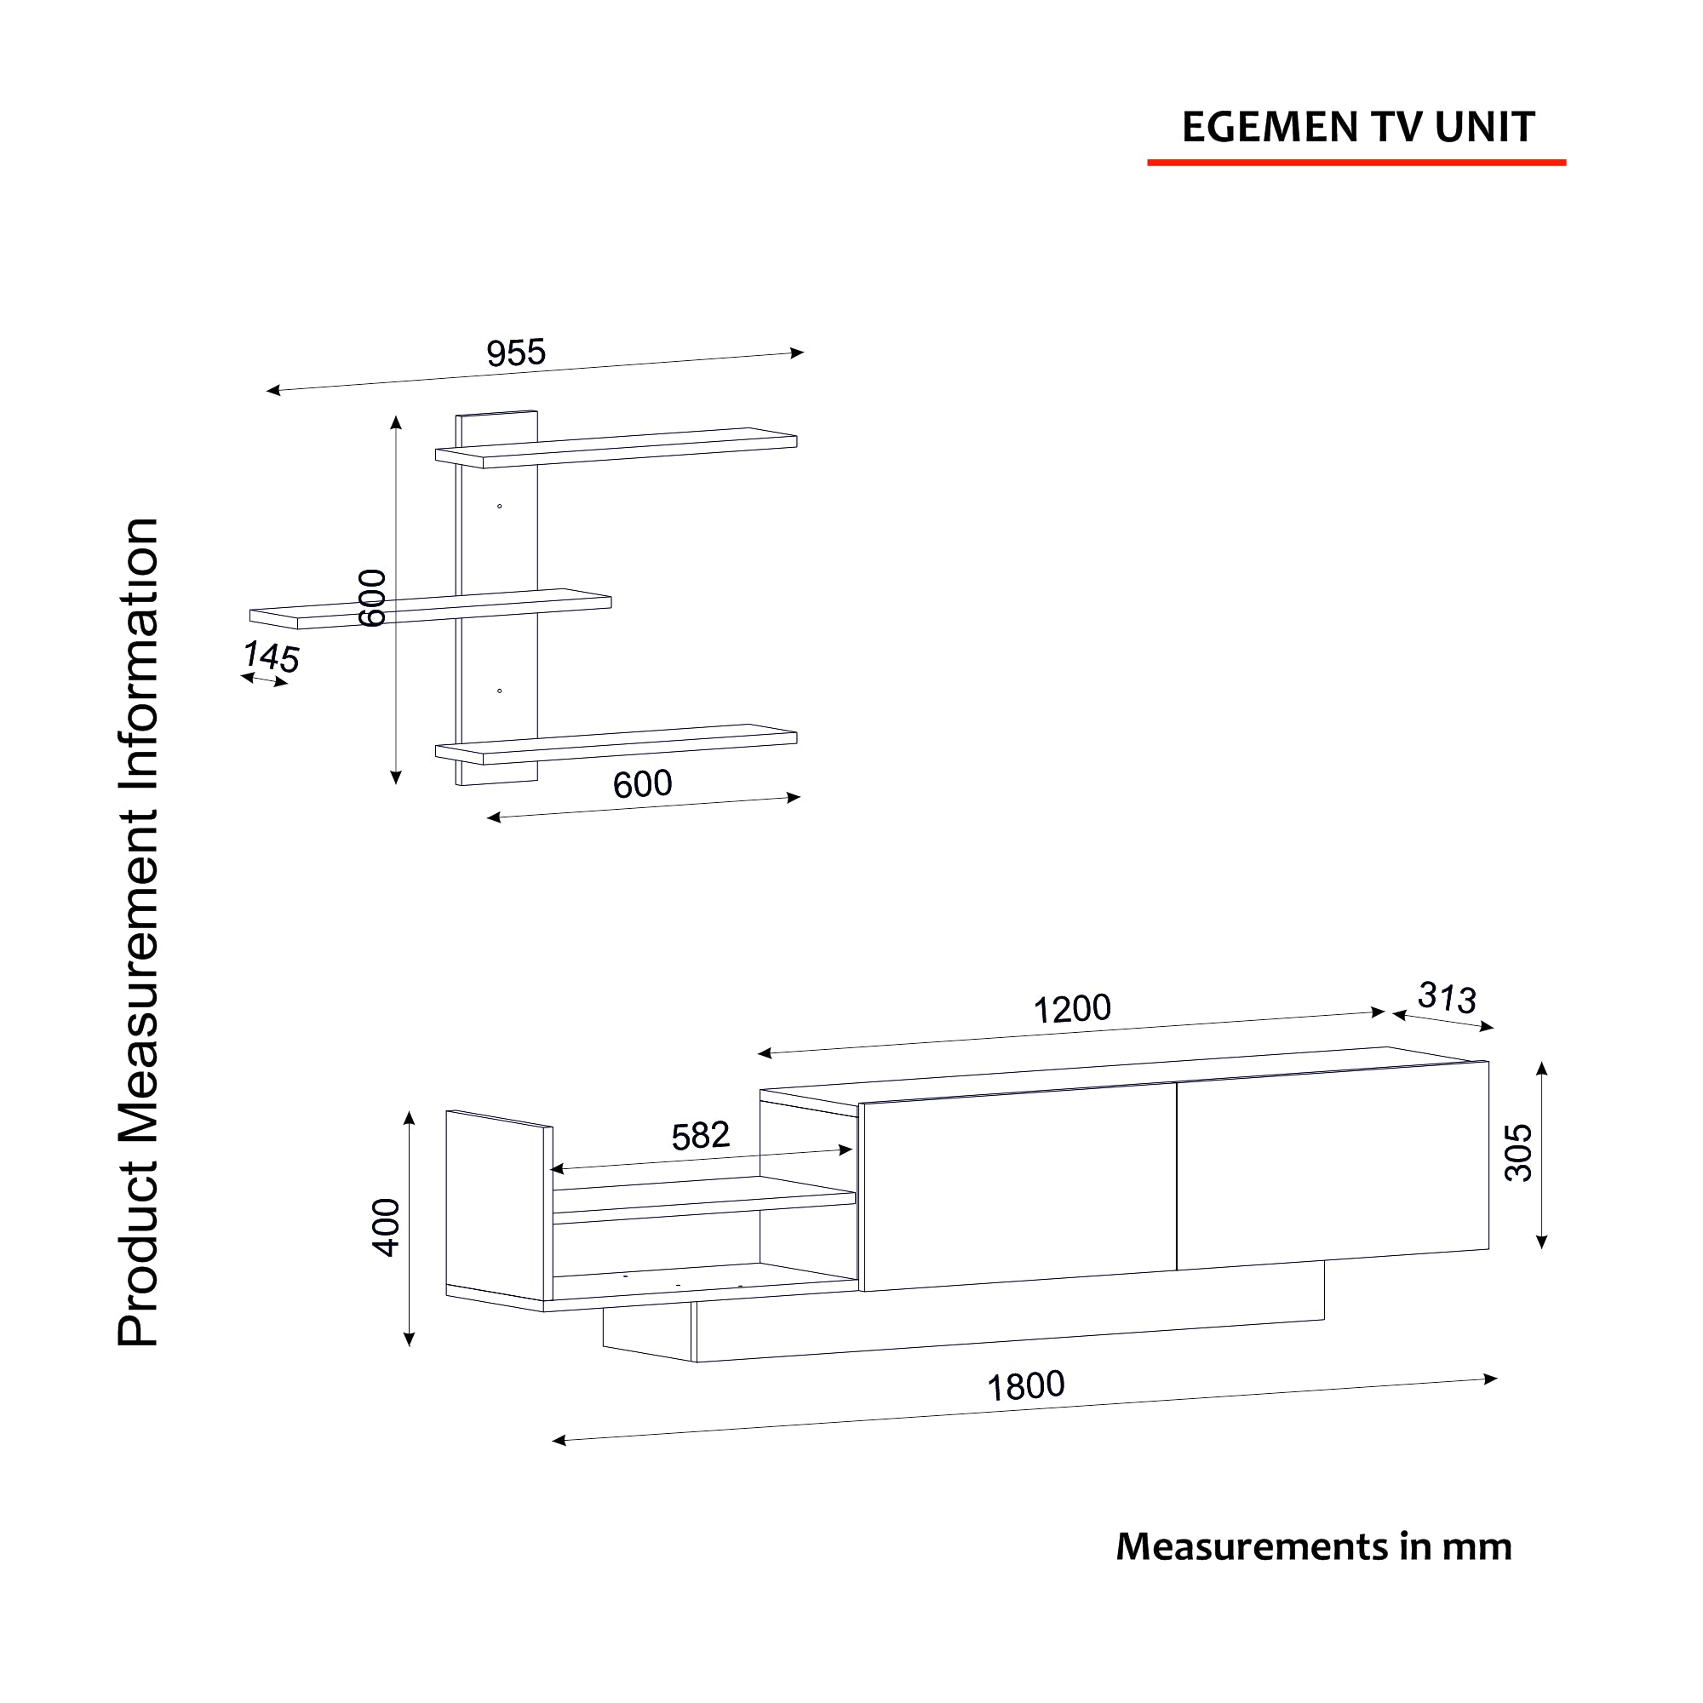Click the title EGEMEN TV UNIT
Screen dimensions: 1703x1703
pos(1358,127)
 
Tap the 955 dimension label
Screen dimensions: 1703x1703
pos(517,353)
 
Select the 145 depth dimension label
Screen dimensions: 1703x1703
pos(272,657)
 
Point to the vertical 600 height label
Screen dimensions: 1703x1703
pos(373,599)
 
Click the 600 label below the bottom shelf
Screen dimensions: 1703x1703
pos(643,783)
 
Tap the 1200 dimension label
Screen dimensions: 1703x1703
pos(1072,1009)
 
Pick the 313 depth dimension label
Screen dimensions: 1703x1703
pos(1447,998)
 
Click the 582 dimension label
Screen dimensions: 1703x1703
pos(701,1136)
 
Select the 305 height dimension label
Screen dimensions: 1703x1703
pos(1519,1153)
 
